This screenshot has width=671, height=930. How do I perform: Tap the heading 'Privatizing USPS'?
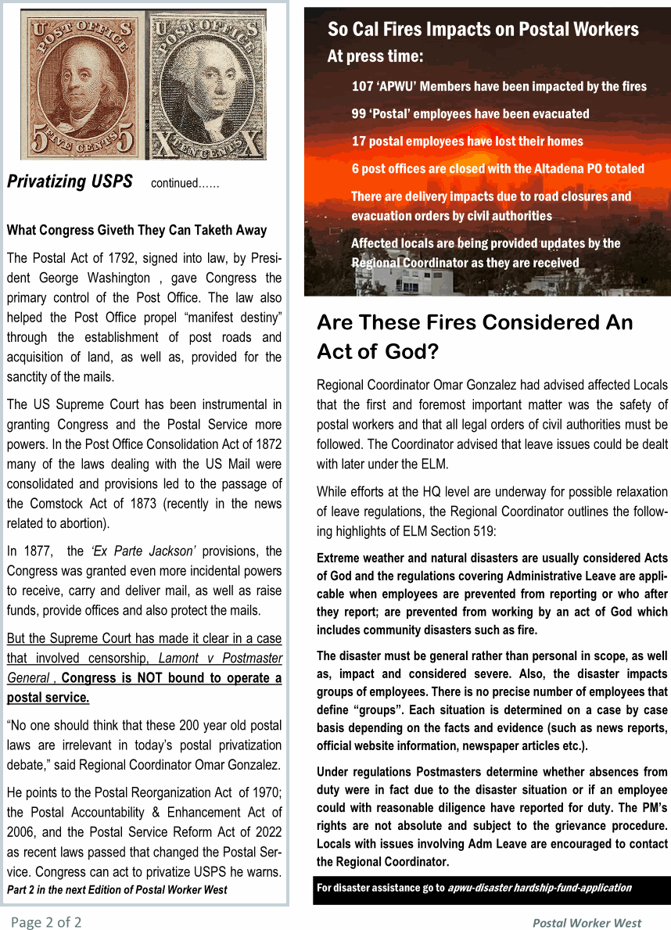[x=70, y=181]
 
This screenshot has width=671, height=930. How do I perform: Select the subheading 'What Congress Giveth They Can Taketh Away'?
[x=137, y=231]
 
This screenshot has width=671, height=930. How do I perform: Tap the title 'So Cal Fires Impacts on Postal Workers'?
[x=483, y=30]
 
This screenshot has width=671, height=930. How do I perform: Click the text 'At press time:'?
[x=375, y=56]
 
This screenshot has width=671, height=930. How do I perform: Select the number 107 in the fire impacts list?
[x=363, y=86]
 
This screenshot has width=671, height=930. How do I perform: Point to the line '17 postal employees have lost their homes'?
[x=467, y=142]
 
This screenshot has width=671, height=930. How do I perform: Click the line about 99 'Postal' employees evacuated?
[x=470, y=113]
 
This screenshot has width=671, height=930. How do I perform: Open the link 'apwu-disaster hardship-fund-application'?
[x=540, y=888]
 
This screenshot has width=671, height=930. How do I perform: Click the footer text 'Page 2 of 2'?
[x=46, y=922]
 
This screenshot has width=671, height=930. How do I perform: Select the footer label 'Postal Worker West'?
[x=587, y=923]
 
